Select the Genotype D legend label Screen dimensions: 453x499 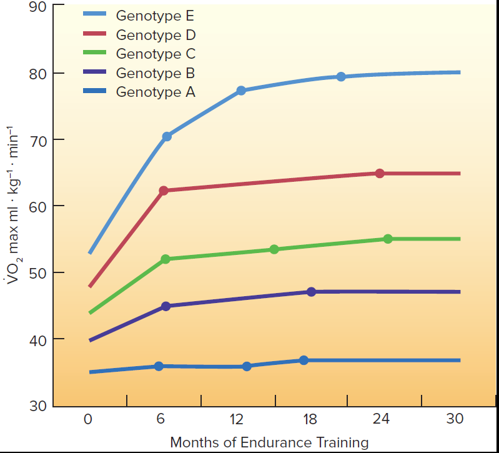(156, 35)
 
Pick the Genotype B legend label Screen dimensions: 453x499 (156, 73)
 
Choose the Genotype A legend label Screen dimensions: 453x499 (156, 92)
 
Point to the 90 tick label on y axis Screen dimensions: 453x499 (37, 7)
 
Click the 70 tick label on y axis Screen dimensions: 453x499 (37, 140)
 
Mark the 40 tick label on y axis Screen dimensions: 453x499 (37, 339)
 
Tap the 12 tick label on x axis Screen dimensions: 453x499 (237, 419)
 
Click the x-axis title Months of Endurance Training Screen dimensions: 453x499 (269, 442)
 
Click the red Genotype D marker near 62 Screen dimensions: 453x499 (164, 191)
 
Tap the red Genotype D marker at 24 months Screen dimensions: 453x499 (380, 173)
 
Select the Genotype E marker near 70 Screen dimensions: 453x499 (167, 136)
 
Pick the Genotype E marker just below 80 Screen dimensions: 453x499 (341, 77)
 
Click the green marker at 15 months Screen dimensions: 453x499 (274, 249)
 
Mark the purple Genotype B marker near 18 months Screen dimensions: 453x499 (311, 292)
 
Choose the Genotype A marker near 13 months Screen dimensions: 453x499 (247, 366)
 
